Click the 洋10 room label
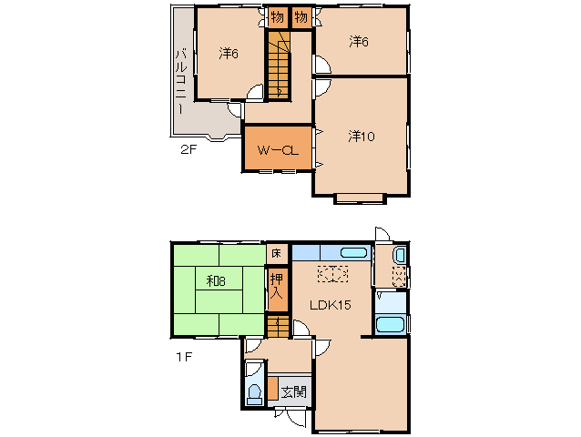[x=362, y=137]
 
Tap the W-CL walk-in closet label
[x=278, y=150]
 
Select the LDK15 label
[x=331, y=305]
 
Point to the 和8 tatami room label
[x=216, y=281]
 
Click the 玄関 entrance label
[x=293, y=391]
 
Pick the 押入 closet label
[x=277, y=286]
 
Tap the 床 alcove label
[x=277, y=253]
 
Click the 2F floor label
[x=189, y=149]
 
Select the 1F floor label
[x=184, y=357]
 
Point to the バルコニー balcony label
[x=181, y=81]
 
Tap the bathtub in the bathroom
[x=390, y=325]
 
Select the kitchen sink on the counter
[x=354, y=253]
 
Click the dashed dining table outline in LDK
[x=332, y=274]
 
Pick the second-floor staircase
[x=279, y=66]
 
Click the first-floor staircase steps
[x=278, y=326]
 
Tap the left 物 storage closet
[x=278, y=17]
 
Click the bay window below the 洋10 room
[x=360, y=198]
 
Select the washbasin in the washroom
[x=400, y=255]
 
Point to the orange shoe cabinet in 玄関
[x=273, y=388]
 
